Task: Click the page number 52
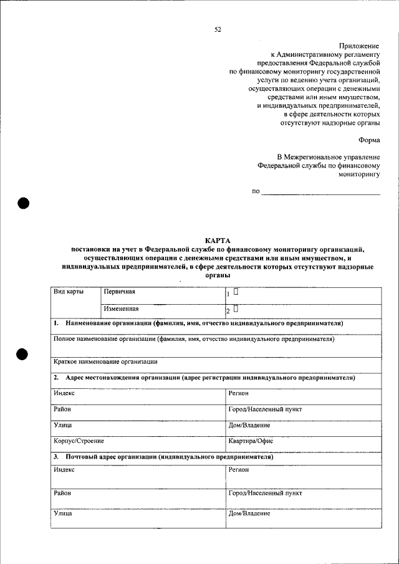point(218,29)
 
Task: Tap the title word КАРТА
point(218,241)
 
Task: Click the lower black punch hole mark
point(24,353)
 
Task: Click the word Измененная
point(122,308)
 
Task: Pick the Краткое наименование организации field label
point(105,361)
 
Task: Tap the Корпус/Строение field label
point(79,441)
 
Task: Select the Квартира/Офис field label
point(251,441)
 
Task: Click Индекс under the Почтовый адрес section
point(64,470)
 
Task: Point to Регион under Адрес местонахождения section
point(239,393)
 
